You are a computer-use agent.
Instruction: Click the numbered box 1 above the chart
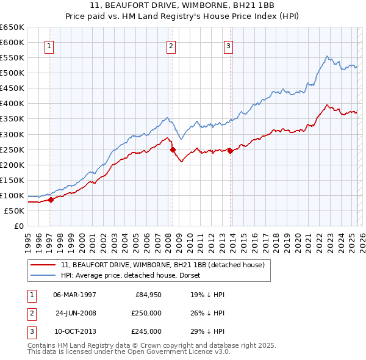click(x=49, y=45)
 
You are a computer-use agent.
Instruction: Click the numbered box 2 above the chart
click(x=171, y=45)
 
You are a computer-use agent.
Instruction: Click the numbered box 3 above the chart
click(x=228, y=45)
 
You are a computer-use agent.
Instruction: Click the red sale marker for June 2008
click(x=173, y=149)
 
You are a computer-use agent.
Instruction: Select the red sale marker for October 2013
click(x=230, y=151)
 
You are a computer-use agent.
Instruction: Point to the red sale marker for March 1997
click(x=51, y=200)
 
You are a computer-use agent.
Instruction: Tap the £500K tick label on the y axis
click(x=12, y=73)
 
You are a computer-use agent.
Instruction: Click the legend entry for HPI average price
click(x=134, y=275)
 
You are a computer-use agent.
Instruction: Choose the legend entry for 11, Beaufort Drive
click(x=162, y=265)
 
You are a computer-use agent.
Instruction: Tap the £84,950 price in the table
click(x=147, y=295)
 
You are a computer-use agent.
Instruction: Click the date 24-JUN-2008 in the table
click(x=76, y=313)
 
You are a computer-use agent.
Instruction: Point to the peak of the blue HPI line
click(x=327, y=57)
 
